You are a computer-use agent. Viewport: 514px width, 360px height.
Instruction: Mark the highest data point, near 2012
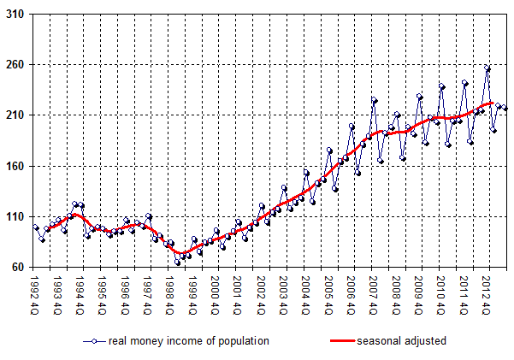click(x=487, y=68)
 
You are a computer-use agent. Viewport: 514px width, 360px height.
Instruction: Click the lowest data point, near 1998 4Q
click(x=177, y=262)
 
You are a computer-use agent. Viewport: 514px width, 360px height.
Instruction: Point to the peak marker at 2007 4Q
click(x=374, y=100)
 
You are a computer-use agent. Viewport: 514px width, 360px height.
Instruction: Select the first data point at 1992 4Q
click(x=36, y=227)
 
